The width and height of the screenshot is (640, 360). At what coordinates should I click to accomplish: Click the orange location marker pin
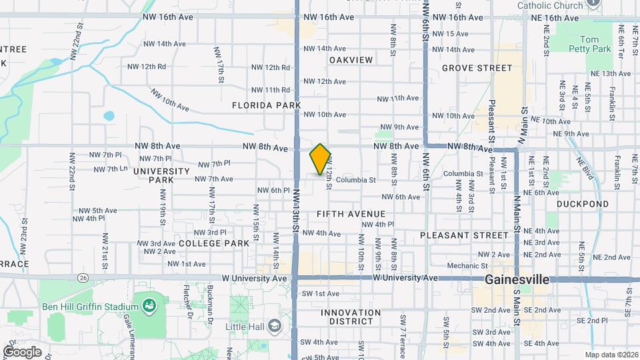[x=321, y=159]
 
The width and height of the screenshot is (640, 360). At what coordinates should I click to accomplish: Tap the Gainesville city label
[x=517, y=279]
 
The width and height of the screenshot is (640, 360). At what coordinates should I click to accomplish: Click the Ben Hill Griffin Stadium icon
[x=150, y=306]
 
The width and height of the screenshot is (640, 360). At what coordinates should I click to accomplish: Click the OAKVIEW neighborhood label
[x=351, y=60]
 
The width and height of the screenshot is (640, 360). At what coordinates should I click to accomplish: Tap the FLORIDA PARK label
[x=266, y=105]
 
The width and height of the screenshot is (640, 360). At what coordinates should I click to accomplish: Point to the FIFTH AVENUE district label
[x=351, y=213]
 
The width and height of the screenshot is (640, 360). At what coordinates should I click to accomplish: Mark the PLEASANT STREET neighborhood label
[x=464, y=235]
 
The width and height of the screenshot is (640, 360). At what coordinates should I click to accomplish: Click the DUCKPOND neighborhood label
[x=583, y=204]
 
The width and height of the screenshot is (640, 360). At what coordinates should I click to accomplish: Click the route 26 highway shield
[x=83, y=277]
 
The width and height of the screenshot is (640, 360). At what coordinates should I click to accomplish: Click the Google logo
[x=22, y=351]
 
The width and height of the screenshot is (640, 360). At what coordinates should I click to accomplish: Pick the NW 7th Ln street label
[x=111, y=169]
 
